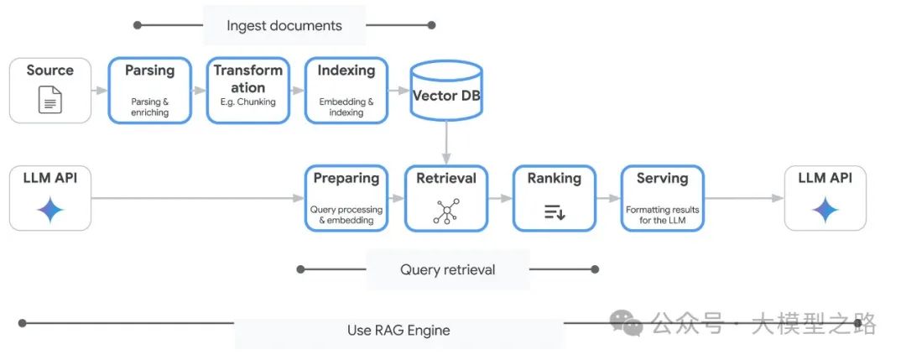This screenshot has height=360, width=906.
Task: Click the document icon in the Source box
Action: click(x=50, y=102)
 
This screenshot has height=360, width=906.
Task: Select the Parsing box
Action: click(x=150, y=90)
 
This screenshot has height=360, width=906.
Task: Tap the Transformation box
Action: click(x=248, y=90)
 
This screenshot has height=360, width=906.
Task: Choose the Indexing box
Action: click(x=346, y=90)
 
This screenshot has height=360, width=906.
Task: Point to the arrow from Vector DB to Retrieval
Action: click(x=446, y=143)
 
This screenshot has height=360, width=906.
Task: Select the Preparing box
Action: click(x=346, y=198)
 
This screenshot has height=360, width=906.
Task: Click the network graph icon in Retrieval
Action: click(x=445, y=212)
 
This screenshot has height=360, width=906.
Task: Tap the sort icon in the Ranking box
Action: click(x=554, y=212)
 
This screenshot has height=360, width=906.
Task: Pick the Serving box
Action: click(x=662, y=198)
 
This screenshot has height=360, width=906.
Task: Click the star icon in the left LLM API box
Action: click(x=50, y=211)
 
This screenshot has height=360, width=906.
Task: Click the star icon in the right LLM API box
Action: click(x=825, y=211)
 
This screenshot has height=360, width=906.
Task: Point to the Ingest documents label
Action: click(x=284, y=25)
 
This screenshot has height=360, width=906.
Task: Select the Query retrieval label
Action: click(x=447, y=269)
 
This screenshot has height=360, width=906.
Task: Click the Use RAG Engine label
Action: click(x=398, y=330)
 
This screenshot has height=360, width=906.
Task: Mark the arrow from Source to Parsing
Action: click(x=99, y=90)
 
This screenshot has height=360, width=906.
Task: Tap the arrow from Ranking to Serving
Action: click(x=607, y=198)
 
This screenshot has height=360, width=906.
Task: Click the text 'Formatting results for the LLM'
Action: click(x=662, y=215)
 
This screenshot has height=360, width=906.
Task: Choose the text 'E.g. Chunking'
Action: click(x=248, y=102)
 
